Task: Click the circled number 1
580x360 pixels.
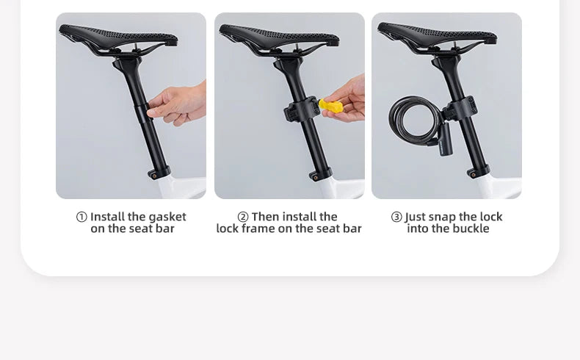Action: coord(81,217)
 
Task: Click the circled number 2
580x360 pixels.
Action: coord(243,217)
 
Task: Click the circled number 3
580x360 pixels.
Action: coord(396,217)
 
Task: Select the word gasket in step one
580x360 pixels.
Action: coord(167,217)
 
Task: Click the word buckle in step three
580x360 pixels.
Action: coord(470,228)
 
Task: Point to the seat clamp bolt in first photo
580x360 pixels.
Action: coord(153,175)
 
